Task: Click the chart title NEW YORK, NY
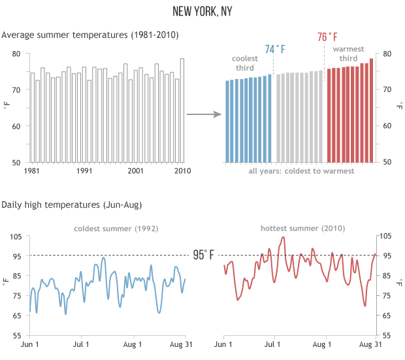click(x=202, y=12)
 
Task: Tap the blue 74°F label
click(x=275, y=50)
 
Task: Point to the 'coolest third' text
click(x=246, y=63)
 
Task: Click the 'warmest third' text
click(x=349, y=54)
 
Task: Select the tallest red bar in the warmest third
click(x=371, y=110)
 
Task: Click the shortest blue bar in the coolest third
click(x=227, y=122)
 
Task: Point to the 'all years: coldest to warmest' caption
click(x=301, y=171)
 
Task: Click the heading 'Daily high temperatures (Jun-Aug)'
click(x=72, y=205)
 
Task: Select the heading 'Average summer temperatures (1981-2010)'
click(x=89, y=34)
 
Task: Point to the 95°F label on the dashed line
click(x=203, y=255)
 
